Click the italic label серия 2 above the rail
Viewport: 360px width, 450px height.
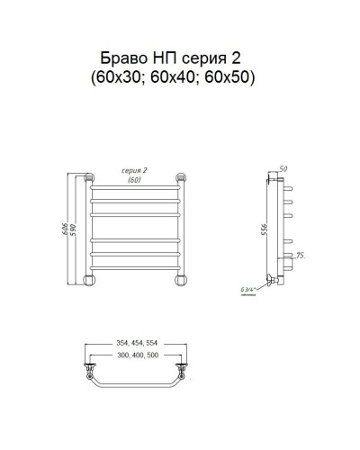(136, 169)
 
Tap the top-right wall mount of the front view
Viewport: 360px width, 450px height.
(184, 177)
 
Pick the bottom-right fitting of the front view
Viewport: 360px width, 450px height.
(184, 277)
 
